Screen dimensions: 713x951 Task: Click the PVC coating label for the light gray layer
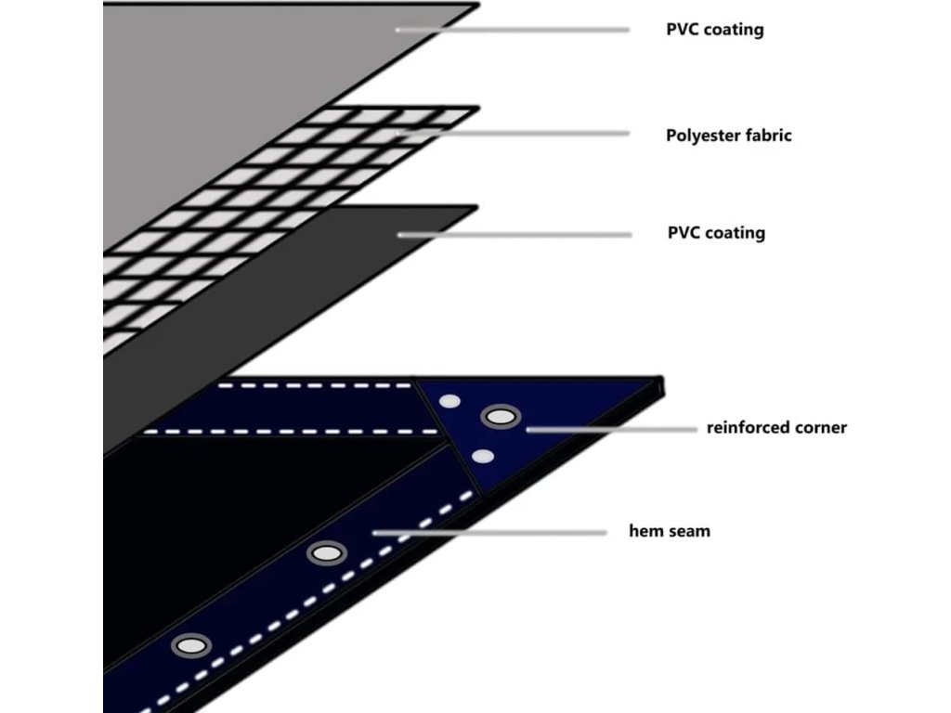tap(714, 30)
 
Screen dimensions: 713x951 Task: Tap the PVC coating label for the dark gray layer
tap(716, 232)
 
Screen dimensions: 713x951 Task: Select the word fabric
tap(769, 136)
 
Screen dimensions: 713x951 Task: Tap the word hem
tap(646, 532)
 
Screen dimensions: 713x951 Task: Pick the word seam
tap(689, 532)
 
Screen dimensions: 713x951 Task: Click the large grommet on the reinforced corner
tap(500, 417)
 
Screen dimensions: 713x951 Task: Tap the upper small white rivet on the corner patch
tap(450, 402)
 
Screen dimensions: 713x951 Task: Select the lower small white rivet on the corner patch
tap(482, 456)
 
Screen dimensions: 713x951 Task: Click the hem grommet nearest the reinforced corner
tap(326, 553)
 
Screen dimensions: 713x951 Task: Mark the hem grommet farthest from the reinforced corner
tap(190, 645)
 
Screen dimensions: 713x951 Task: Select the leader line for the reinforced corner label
tap(613, 429)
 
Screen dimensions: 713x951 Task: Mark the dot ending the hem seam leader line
tap(375, 533)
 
